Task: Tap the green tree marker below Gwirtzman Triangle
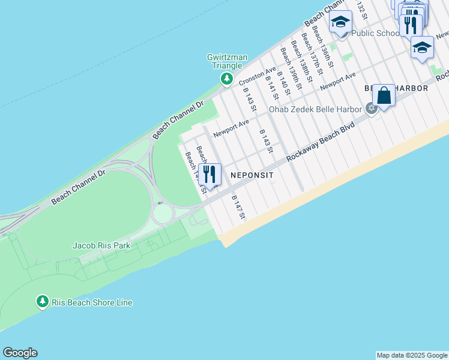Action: (226, 78)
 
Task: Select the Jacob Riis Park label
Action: (101, 246)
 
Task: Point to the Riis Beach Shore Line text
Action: (92, 302)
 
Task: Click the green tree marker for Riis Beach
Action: (42, 301)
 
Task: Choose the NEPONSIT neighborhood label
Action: (252, 175)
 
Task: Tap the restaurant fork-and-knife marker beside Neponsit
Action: (209, 174)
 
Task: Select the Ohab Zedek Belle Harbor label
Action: (315, 109)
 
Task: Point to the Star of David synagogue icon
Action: (371, 109)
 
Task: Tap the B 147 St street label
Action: (238, 207)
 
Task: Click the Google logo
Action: (20, 353)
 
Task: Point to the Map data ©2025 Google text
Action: (412, 355)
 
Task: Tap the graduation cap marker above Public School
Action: (340, 22)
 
